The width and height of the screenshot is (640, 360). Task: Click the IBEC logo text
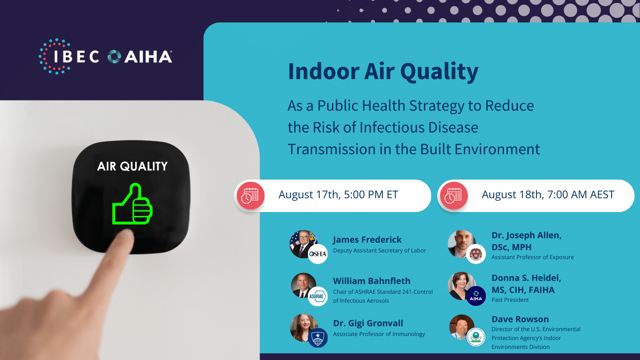[76, 56]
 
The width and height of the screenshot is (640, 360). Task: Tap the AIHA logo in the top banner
[140, 56]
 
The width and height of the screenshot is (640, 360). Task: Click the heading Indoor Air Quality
[383, 72]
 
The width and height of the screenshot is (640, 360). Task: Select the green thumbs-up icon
[132, 204]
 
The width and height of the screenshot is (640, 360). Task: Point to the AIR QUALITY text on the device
[132, 166]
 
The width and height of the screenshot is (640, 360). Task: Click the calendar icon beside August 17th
[251, 196]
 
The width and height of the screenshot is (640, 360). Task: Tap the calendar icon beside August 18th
[454, 196]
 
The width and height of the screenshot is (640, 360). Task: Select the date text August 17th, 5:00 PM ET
[338, 195]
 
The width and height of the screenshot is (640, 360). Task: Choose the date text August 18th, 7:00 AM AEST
[548, 195]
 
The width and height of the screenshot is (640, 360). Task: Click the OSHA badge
[318, 254]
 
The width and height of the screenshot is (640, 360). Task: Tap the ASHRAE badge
[318, 296]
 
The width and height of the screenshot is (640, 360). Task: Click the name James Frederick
[367, 240]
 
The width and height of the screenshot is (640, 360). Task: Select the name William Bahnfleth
[372, 281]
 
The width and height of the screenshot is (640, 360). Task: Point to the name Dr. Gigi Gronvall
[368, 323]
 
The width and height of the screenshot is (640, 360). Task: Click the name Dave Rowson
[520, 319]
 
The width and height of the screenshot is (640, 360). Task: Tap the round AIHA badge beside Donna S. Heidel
[476, 296]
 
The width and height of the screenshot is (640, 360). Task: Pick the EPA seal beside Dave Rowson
[476, 337]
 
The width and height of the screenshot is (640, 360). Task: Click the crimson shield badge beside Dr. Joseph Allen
[476, 254]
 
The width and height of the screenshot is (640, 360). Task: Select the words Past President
[510, 300]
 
